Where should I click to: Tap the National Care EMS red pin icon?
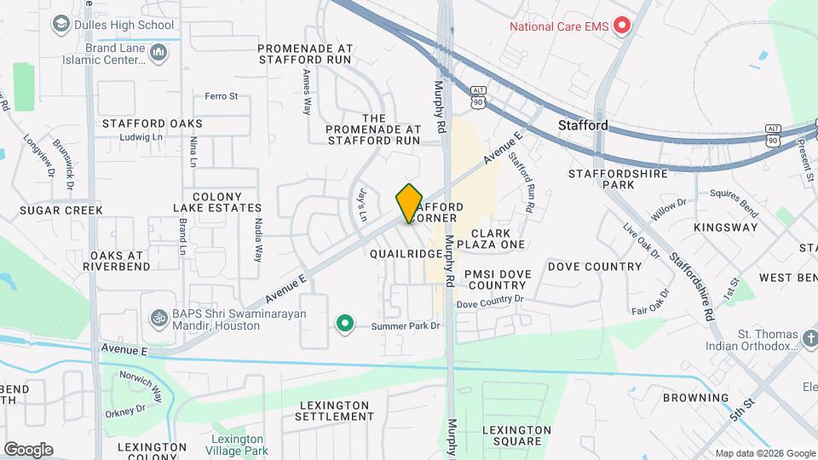[x=622, y=26]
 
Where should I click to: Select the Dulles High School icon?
[x=60, y=25]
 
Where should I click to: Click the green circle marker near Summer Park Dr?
[x=344, y=324]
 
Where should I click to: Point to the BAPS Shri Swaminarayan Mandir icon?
[x=157, y=318]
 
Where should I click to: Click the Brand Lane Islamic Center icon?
[x=158, y=54]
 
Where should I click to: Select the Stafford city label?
[x=583, y=125]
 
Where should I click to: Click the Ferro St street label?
[x=221, y=96]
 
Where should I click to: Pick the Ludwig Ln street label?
[x=141, y=136]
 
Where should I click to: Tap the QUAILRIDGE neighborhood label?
[x=406, y=254]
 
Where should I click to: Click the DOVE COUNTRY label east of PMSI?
[x=595, y=267]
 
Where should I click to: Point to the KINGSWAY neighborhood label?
[x=725, y=227]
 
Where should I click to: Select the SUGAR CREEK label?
[x=60, y=210]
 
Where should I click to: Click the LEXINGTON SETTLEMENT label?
[x=334, y=411]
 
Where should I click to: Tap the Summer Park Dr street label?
[x=405, y=325]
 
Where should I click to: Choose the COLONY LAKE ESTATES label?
[x=217, y=202]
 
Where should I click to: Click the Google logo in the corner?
[x=28, y=449]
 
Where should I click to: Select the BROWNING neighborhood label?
[x=695, y=398]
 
